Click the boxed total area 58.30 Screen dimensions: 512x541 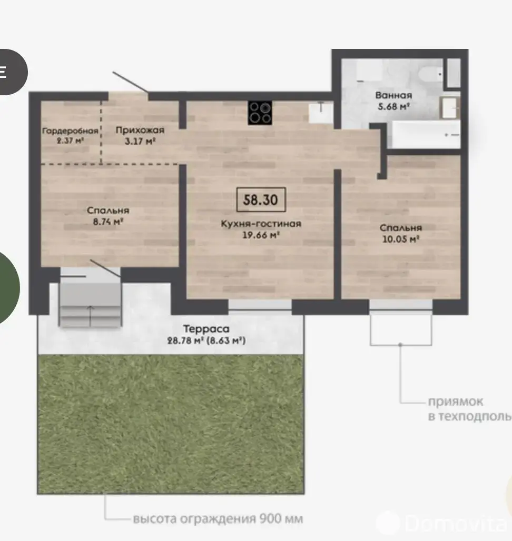click(261, 199)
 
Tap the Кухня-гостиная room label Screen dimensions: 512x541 click(261, 224)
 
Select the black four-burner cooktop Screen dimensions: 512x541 click(260, 113)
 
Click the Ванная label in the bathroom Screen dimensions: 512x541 click(393, 95)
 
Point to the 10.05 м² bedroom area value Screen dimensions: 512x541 click(400, 239)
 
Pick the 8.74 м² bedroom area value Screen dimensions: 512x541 click(107, 222)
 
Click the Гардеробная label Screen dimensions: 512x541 click(70, 131)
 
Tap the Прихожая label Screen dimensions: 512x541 click(140, 130)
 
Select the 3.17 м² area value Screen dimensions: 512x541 click(140, 141)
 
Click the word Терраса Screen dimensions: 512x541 click(206, 329)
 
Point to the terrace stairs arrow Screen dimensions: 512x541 click(91, 316)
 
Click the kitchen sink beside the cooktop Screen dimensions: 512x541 click(321, 112)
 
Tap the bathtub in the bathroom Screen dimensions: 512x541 click(426, 135)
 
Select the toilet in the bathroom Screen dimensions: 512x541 click(430, 74)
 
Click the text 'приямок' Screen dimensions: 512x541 click(456, 402)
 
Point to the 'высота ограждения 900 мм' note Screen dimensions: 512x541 click(218, 518)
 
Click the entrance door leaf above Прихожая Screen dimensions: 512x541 click(131, 82)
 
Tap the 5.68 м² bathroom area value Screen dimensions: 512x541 click(393, 106)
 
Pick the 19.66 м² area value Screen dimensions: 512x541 click(261, 235)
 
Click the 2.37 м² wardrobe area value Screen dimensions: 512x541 click(70, 141)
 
